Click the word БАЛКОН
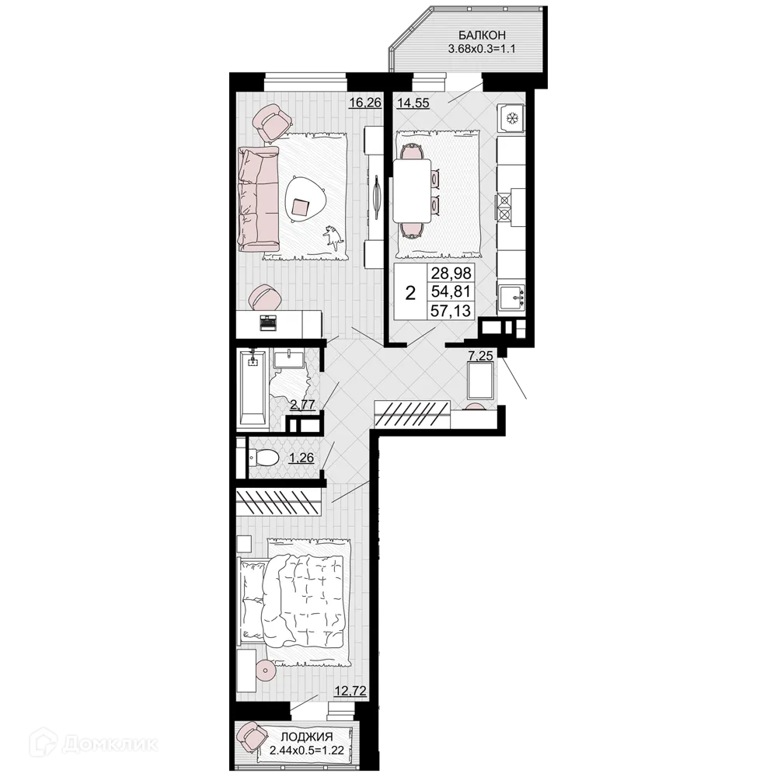[482, 35]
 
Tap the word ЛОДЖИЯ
[307, 737]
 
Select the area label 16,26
[365, 103]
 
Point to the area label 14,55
[413, 103]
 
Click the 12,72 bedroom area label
[350, 691]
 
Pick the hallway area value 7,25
[480, 355]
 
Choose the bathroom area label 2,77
[302, 404]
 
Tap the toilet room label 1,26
[301, 458]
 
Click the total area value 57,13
[451, 311]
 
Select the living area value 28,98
[451, 273]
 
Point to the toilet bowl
[263, 458]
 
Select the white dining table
[411, 191]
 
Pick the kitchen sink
[511, 299]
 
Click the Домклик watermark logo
[93, 743]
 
